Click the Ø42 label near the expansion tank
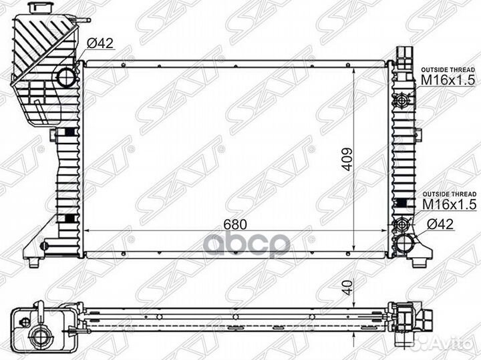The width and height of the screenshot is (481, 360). tap(101, 45)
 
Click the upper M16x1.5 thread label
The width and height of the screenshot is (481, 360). tap(447, 80)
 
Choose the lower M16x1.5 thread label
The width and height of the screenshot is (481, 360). tap(447, 203)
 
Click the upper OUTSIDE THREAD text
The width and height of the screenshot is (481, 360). tap(447, 69)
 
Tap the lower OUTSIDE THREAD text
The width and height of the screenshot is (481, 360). tap(447, 192)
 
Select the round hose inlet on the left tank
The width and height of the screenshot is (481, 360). tap(67, 77)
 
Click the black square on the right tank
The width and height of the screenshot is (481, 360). tap(402, 202)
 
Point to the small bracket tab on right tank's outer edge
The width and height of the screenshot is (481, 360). tap(418, 136)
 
